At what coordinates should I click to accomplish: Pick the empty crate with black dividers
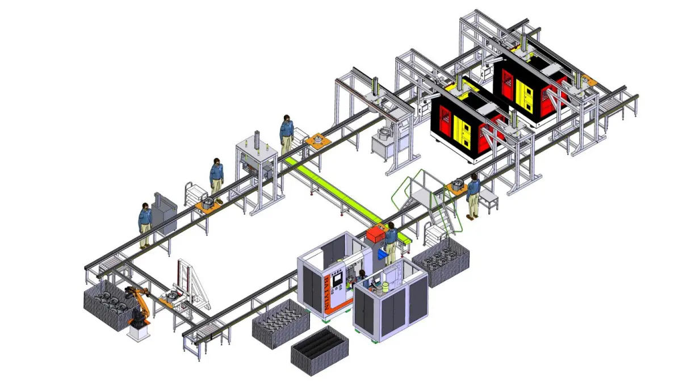319,350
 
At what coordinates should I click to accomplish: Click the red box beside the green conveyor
376,234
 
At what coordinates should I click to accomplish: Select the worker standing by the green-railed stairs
472,196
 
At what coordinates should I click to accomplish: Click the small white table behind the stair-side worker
489,199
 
